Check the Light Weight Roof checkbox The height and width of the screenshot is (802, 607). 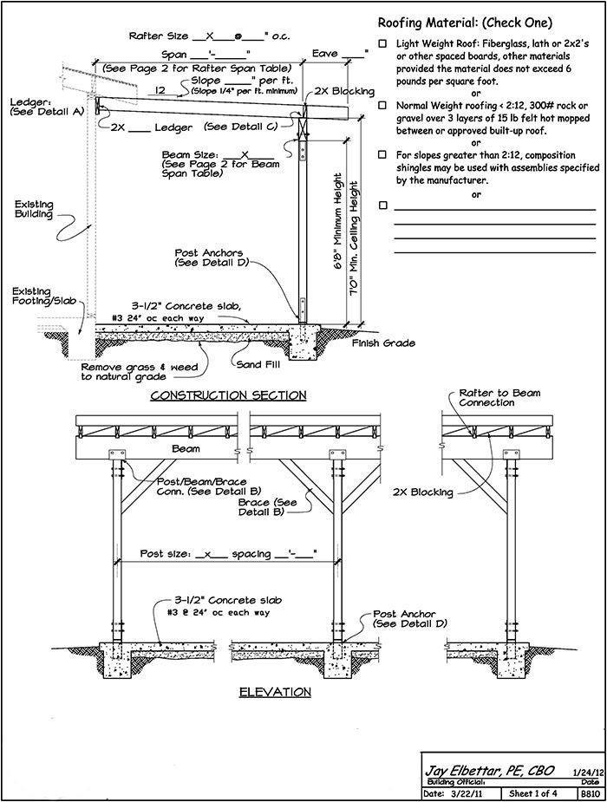tap(382, 44)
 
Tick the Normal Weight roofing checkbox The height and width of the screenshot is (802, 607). tap(382, 106)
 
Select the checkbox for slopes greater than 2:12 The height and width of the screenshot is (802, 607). tap(382, 154)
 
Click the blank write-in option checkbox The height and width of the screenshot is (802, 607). tap(382, 205)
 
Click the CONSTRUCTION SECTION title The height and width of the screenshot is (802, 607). tap(228, 395)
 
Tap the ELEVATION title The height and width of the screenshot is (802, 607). tap(275, 692)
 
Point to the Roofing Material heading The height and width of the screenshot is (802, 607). tap(465, 23)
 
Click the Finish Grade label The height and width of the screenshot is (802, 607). tap(383, 342)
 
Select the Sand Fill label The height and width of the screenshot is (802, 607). tap(258, 365)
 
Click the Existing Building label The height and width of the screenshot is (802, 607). tap(34, 209)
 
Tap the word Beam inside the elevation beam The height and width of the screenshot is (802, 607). tap(186, 448)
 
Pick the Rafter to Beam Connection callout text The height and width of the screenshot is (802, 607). tap(499, 398)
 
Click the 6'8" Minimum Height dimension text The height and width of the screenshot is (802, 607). tap(337, 225)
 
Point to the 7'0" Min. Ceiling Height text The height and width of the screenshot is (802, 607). tap(354, 238)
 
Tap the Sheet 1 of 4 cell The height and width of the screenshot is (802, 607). tap(532, 794)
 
